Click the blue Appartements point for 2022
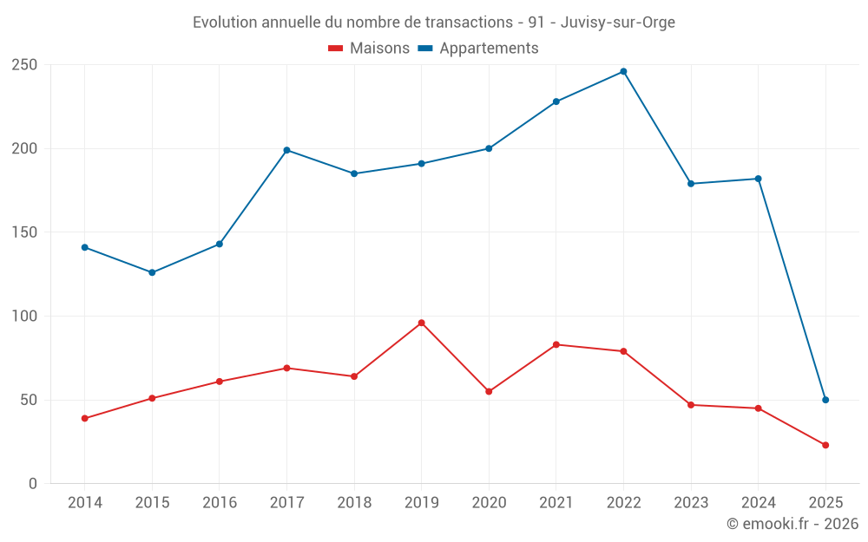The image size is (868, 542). [623, 71]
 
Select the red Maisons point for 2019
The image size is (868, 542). [421, 323]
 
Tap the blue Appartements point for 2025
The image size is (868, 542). [825, 400]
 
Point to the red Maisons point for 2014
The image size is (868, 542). [84, 418]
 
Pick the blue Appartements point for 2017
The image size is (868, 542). [286, 150]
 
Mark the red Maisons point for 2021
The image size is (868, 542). [556, 344]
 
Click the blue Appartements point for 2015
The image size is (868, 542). [152, 272]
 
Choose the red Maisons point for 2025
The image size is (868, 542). [825, 445]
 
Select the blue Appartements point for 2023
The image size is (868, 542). [691, 183]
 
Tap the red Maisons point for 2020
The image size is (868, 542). [489, 391]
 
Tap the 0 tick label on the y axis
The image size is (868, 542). [33, 484]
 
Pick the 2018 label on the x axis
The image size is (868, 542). [354, 503]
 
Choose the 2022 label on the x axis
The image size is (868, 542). [623, 503]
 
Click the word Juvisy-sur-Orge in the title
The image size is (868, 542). [617, 23]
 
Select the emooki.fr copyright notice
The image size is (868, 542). [792, 524]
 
